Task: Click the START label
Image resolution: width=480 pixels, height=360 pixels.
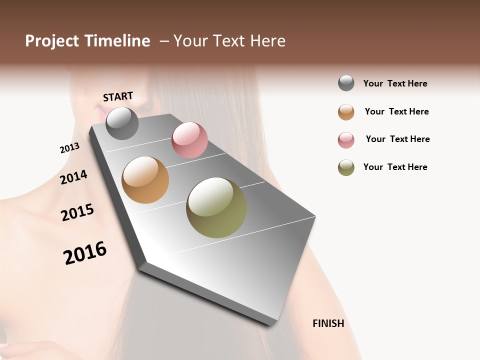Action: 118,96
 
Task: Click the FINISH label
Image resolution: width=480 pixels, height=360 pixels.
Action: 328,323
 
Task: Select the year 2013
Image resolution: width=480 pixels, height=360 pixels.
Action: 69,148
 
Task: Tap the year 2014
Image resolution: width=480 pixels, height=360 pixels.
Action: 73,177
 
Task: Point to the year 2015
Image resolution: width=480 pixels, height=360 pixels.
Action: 77,212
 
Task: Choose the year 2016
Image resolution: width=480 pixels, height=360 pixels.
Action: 85,252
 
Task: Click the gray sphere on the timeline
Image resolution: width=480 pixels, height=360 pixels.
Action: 122,123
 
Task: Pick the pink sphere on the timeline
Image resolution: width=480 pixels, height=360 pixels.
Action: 189,140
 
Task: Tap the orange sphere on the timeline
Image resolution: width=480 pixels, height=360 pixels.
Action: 145,180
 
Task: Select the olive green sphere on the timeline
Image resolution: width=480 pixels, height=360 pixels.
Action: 216,207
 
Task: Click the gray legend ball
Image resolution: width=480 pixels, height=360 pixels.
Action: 346,83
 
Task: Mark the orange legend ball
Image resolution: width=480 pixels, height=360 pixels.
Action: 346,111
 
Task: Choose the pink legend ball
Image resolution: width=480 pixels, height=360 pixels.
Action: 346,139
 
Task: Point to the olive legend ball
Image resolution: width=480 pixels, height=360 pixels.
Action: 346,167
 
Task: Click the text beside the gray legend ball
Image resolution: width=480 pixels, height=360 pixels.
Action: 395,83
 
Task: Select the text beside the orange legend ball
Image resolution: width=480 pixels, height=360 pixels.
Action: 396,111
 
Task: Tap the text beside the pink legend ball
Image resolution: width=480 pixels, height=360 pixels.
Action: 397,139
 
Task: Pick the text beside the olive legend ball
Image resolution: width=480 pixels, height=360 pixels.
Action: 395,167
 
